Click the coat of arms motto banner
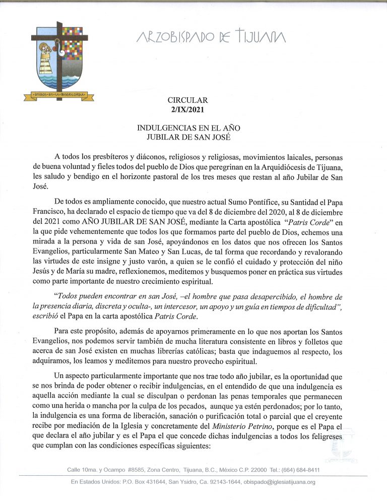click(63, 94)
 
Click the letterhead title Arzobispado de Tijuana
click(211, 37)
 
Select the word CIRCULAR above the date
click(187, 100)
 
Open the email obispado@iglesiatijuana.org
click(275, 482)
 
